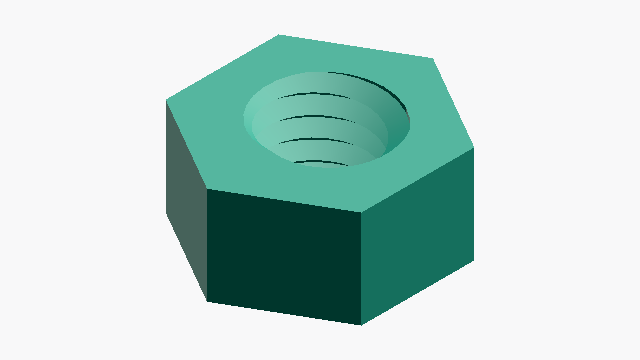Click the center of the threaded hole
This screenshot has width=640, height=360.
click(327, 118)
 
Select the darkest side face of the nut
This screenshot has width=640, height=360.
click(284, 255)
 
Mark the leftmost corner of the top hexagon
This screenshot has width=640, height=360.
click(166, 100)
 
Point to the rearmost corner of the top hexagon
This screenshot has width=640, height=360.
click(278, 35)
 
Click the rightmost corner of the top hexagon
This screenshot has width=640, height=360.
click(474, 150)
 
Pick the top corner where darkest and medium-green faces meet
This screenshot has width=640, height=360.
click(361, 212)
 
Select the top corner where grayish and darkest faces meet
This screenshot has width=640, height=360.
click(207, 188)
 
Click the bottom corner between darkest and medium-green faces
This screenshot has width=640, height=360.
click(361, 325)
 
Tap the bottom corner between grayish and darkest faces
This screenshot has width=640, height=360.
click(208, 300)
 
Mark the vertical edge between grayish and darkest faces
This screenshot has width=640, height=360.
click(207, 244)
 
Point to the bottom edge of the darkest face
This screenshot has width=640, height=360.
click(284, 313)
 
